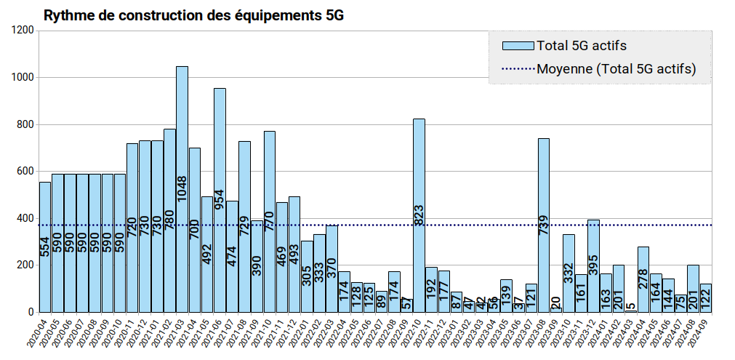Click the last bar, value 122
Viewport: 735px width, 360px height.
[705, 297]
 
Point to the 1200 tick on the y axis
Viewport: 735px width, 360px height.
[23, 31]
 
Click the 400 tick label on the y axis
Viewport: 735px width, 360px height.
[26, 218]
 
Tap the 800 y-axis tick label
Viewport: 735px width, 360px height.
[26, 124]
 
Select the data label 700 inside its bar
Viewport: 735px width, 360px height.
[195, 230]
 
